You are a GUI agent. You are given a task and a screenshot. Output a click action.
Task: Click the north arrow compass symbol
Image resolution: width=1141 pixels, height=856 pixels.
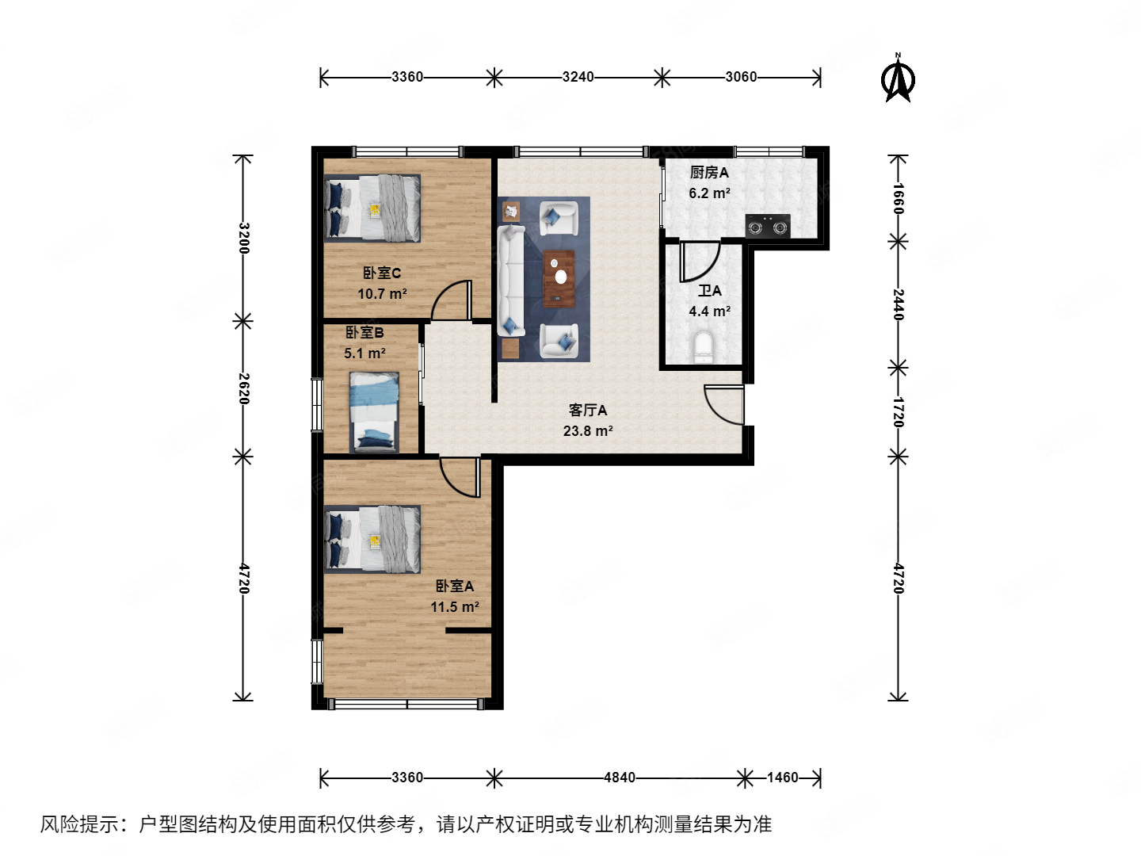click(898, 79)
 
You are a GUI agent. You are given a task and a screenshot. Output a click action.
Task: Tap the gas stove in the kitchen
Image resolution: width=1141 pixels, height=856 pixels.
click(767, 226)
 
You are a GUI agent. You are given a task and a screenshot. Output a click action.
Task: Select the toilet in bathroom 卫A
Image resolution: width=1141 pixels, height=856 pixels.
click(703, 346)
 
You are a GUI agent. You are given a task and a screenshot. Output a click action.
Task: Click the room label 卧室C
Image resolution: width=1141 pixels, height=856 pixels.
click(382, 273)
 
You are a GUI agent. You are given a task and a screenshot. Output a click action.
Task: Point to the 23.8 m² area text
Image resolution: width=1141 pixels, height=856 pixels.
click(587, 431)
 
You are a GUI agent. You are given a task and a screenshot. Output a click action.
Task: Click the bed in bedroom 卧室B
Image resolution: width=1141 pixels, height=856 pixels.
click(374, 411)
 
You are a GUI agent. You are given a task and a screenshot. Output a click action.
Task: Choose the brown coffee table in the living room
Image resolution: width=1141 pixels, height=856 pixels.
click(559, 278)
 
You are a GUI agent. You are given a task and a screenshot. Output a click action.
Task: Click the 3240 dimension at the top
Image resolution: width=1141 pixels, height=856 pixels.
click(578, 77)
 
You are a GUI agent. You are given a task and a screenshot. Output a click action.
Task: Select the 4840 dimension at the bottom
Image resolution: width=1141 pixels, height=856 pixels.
click(619, 778)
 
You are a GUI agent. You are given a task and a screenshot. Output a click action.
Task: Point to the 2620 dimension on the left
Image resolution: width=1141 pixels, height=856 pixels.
click(244, 388)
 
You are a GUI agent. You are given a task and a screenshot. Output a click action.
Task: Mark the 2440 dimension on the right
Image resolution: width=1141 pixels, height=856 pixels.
click(898, 304)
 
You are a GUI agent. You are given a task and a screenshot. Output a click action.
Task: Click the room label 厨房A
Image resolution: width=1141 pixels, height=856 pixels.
click(709, 172)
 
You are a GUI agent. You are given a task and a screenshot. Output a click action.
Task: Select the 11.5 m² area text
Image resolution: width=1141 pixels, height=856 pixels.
click(455, 607)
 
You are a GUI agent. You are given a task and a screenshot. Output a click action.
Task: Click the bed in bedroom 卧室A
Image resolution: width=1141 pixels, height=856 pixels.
click(372, 539)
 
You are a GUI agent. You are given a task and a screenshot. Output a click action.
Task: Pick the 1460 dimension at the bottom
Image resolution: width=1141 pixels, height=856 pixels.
click(782, 778)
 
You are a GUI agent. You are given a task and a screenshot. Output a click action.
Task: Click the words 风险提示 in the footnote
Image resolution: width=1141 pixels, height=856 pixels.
click(79, 824)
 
